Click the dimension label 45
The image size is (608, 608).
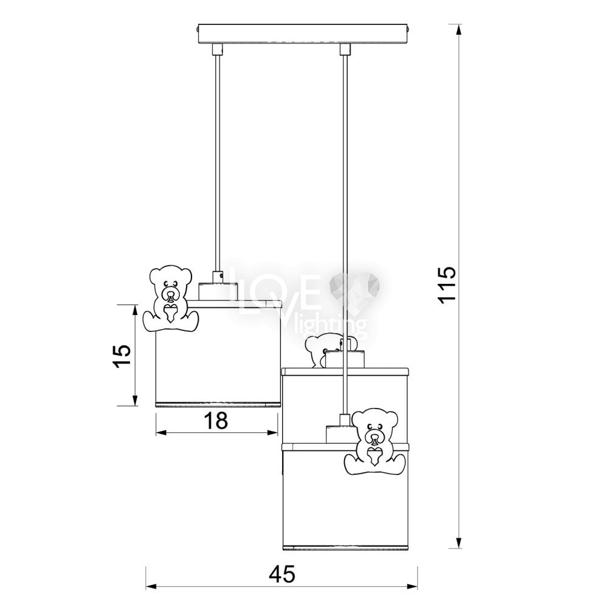[282, 574]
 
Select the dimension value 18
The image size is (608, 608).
[215, 420]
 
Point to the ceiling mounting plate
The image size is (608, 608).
[302, 33]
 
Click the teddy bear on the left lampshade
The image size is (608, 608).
[171, 299]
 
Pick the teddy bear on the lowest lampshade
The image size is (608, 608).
[375, 440]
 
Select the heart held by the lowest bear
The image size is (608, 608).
[375, 455]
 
